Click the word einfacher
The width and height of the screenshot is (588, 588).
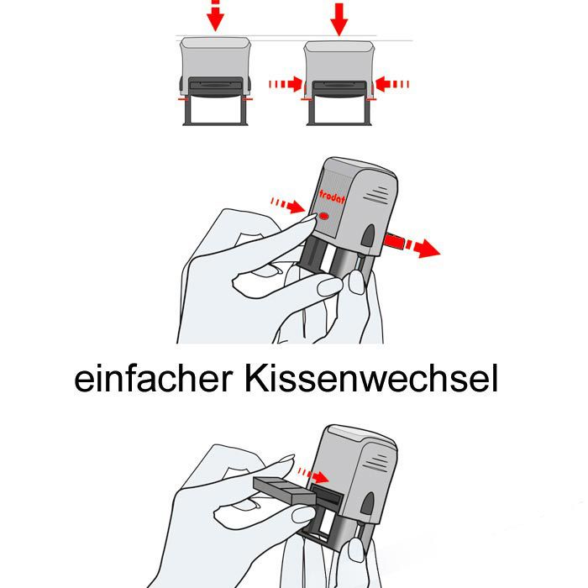click(153, 380)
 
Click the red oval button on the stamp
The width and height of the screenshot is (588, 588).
click(325, 218)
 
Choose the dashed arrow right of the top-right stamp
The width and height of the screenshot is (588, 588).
click(391, 83)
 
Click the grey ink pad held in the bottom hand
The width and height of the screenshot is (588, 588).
click(284, 490)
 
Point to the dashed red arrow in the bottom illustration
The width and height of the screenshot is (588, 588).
click(313, 475)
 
